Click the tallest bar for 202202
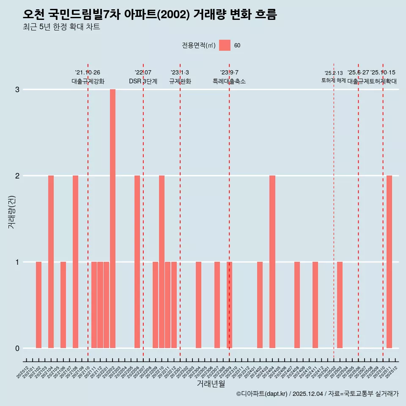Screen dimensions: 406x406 click(x=112, y=219)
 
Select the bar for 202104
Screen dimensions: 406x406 click(x=51, y=262)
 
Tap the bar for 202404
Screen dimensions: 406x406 click(x=272, y=262)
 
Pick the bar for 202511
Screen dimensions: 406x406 click(x=389, y=262)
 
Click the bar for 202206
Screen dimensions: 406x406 click(x=137, y=262)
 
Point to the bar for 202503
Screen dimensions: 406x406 click(x=340, y=305)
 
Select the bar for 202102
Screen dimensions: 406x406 click(x=38, y=305)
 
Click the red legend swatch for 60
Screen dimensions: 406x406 click(x=225, y=45)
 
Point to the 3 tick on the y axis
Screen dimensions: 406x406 click(x=17, y=90)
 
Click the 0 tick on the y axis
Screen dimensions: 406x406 click(x=17, y=348)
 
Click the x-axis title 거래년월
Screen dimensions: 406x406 click(x=211, y=384)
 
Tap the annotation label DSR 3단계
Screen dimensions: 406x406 click(x=143, y=81)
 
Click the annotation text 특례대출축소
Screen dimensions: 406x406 click(x=229, y=81)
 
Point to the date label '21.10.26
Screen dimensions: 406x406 click(x=88, y=73)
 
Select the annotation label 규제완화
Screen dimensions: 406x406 click(x=180, y=81)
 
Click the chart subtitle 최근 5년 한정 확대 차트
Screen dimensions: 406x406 click(x=61, y=27)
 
